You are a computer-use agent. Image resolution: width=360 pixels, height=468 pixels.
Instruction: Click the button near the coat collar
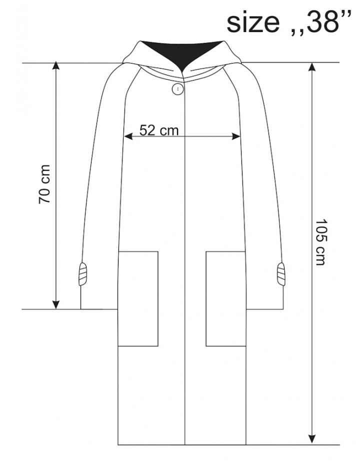pos(178,89)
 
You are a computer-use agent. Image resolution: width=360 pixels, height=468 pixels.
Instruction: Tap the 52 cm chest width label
pos(159,130)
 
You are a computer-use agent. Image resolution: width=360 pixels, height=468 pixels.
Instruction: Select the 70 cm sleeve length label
pos(44,184)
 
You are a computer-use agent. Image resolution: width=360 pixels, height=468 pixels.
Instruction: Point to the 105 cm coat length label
pos(320,242)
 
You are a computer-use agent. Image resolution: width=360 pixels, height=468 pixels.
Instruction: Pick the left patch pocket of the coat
pos(138,299)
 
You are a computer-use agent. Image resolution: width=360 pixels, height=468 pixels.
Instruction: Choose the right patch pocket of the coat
pos(226,299)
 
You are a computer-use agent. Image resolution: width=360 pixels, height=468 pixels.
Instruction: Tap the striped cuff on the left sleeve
pos(83,274)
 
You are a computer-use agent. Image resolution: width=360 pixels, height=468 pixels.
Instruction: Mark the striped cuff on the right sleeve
pos(280,274)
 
